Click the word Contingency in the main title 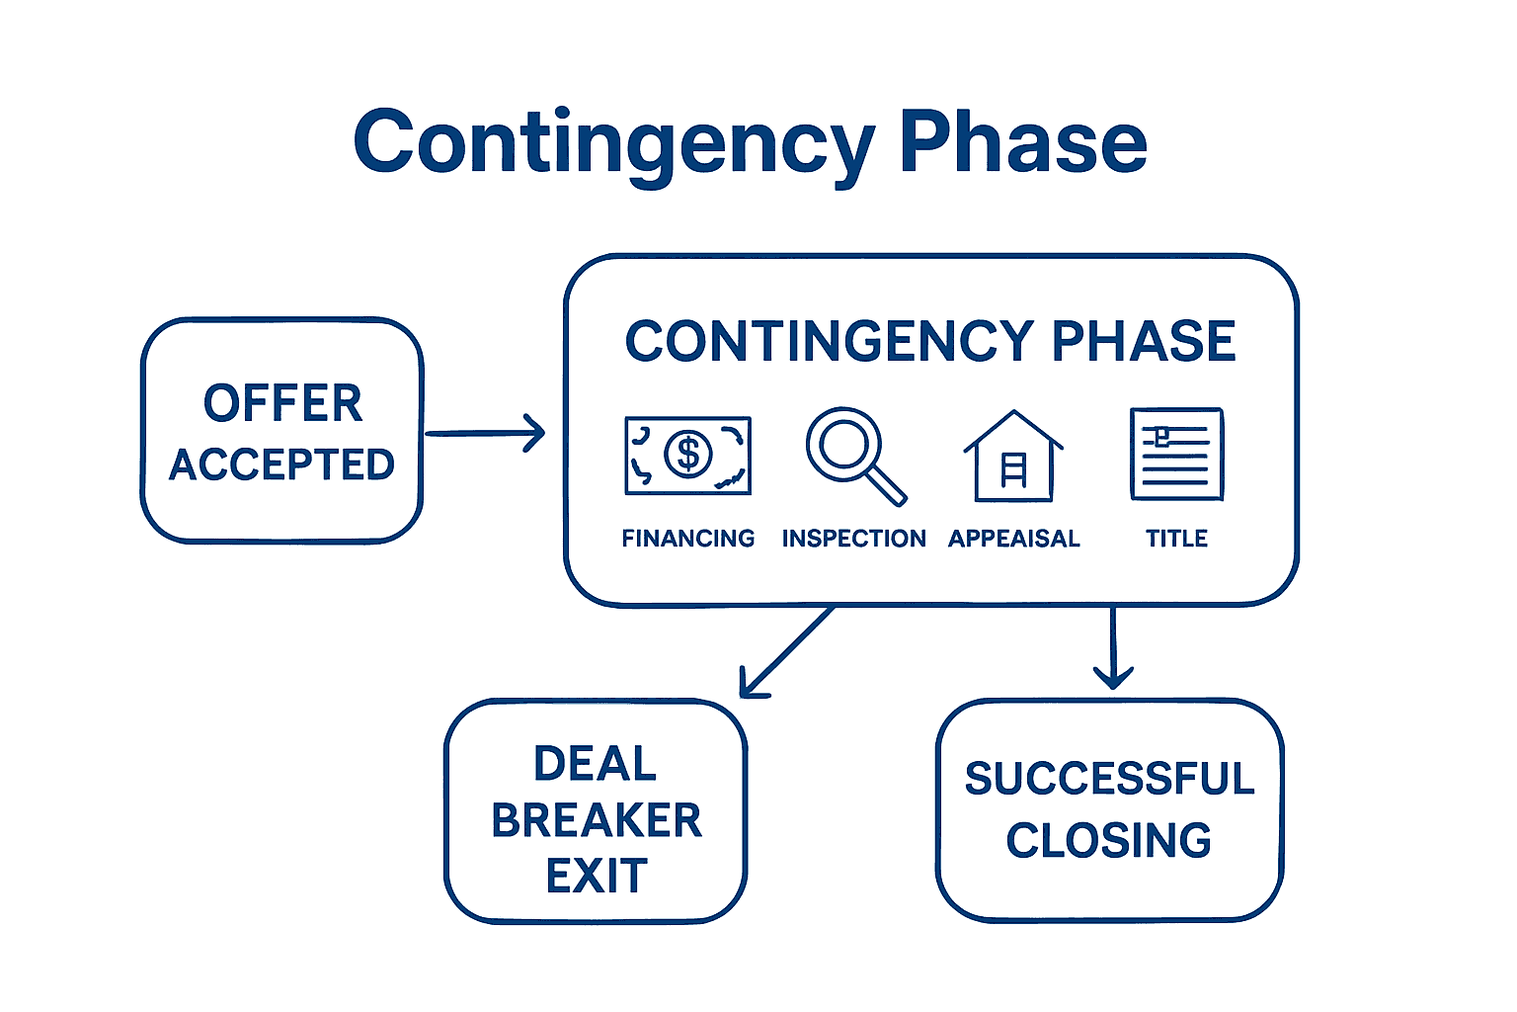click(x=612, y=143)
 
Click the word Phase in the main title click(x=1022, y=143)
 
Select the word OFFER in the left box click(x=283, y=403)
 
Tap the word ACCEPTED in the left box click(x=282, y=464)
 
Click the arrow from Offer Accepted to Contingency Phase click(x=485, y=433)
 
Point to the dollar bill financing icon click(x=688, y=455)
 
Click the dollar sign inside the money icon click(x=688, y=455)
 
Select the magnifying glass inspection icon click(x=855, y=455)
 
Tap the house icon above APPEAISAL click(x=1013, y=457)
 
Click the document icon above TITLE click(x=1176, y=455)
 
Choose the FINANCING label click(x=688, y=539)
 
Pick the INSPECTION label click(x=854, y=539)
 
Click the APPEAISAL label click(x=1014, y=539)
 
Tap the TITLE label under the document click(x=1176, y=539)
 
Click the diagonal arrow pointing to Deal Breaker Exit click(x=788, y=651)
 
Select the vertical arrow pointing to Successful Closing click(x=1113, y=647)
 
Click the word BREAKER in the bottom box click(x=597, y=820)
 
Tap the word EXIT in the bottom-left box click(x=597, y=877)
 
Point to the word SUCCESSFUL click(x=1109, y=779)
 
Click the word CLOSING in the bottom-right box click(x=1109, y=841)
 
